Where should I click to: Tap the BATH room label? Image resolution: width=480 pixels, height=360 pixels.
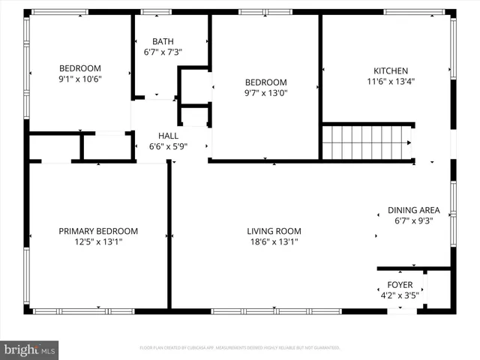point(163,41)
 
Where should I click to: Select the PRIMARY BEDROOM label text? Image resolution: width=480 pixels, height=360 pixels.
point(98,231)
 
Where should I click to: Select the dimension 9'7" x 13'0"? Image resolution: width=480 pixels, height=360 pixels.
point(266,93)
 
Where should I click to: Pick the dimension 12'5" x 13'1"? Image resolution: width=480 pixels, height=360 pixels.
point(98,242)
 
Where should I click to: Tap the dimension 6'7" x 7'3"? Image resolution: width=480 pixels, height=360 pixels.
point(163,52)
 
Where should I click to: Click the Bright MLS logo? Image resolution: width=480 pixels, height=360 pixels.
point(30,349)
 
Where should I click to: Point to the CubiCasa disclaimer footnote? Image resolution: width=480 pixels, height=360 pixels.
point(240,348)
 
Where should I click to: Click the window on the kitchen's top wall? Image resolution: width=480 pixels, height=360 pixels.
point(409,12)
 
